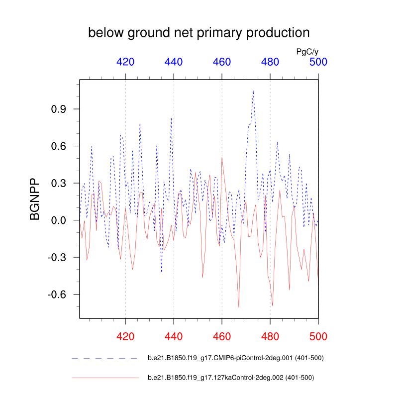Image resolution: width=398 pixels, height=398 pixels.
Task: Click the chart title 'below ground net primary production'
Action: coord(199,33)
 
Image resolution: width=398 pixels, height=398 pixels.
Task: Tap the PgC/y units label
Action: coord(307,51)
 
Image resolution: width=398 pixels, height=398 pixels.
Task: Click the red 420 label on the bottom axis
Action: coord(125,336)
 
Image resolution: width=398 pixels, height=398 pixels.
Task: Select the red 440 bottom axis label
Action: coord(174,336)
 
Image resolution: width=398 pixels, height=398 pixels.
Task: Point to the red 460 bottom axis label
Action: coord(222,336)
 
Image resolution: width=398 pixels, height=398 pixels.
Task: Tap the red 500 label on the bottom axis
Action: coord(318,336)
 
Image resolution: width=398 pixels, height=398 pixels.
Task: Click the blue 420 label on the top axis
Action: coord(125,62)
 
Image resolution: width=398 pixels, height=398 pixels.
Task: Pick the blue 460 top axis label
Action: coord(222,62)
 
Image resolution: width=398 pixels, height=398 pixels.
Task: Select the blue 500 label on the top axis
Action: coord(318,62)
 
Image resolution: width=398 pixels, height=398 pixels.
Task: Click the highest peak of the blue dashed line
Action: coord(253,91)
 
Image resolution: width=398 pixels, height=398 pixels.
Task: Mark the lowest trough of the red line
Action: coord(239,307)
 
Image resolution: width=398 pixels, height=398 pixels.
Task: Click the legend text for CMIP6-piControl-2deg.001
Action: coord(236,358)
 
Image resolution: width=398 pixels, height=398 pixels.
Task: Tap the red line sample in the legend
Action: coord(105,378)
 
